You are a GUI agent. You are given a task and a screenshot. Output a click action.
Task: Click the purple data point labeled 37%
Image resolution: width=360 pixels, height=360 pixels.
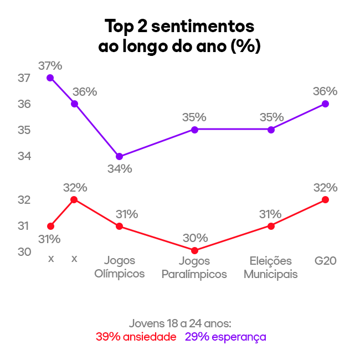[x=50, y=78]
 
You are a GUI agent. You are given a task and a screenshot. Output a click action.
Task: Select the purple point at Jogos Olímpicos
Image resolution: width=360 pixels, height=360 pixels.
[x=120, y=156]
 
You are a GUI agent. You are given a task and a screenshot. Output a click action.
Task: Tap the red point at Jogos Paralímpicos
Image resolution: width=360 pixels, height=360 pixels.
[x=194, y=250]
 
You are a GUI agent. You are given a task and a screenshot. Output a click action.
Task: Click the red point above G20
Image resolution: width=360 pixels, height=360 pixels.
[x=325, y=199]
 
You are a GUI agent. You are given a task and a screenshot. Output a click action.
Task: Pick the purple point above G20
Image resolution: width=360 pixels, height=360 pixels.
[x=325, y=104]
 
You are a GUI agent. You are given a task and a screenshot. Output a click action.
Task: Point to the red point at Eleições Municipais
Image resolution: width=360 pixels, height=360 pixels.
[x=271, y=226]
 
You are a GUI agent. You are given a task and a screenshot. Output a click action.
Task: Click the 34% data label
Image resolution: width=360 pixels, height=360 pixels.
[x=120, y=169]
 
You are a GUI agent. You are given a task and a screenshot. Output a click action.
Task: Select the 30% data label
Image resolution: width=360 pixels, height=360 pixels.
[x=195, y=238]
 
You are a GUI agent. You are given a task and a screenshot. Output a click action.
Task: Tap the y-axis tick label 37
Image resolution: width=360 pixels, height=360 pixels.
[x=24, y=78]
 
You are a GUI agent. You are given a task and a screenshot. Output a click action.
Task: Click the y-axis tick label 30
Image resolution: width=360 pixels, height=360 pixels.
[x=24, y=252]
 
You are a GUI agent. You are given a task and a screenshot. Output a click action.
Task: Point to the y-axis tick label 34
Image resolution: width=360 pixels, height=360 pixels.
[x=24, y=156]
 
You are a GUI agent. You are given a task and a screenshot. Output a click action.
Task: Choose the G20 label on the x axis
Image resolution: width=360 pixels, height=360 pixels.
[x=326, y=260]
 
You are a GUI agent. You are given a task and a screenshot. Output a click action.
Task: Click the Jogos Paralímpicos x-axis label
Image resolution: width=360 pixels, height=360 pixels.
[x=194, y=267]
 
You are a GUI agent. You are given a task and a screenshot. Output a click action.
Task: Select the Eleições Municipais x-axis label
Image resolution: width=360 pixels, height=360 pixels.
[x=271, y=267]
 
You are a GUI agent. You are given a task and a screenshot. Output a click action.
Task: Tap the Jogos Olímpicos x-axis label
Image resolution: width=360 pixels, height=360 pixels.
[x=120, y=267]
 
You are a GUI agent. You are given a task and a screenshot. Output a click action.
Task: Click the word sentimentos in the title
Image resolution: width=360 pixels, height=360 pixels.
[x=203, y=26]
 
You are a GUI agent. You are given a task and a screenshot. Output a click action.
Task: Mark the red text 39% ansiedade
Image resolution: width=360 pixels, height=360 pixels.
[x=136, y=337]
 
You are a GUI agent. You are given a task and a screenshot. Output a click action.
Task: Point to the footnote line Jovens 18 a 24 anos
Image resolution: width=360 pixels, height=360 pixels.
[x=180, y=323]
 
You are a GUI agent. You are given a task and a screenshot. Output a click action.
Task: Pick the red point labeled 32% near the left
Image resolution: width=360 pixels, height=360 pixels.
[x=74, y=199]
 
